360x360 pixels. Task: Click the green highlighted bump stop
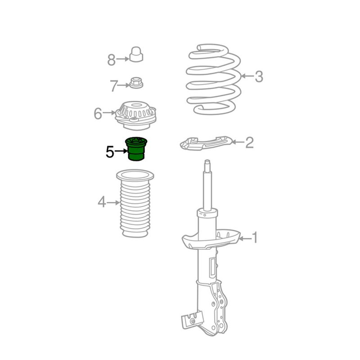coord(136,149)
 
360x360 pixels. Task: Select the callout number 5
coord(110,152)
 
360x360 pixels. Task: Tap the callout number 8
coord(112,60)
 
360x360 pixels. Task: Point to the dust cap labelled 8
coord(136,54)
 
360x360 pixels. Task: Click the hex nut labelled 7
coord(136,83)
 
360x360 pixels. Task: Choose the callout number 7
coord(114,86)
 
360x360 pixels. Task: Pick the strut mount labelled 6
coord(136,116)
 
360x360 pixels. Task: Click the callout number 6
coord(98,113)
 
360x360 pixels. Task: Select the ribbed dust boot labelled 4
coord(135,204)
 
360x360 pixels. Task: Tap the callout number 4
coord(102,202)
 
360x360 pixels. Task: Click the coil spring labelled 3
coord(213,79)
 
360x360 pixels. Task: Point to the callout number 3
coord(259,76)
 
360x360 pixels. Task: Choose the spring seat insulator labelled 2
coord(206,143)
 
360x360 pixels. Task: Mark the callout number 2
coord(250,143)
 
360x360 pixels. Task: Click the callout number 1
coord(255,238)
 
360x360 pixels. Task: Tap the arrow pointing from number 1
coord(245,239)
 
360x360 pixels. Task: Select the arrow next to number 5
coord(121,151)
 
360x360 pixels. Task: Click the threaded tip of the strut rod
coord(207,162)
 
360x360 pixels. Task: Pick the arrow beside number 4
coord(113,203)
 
